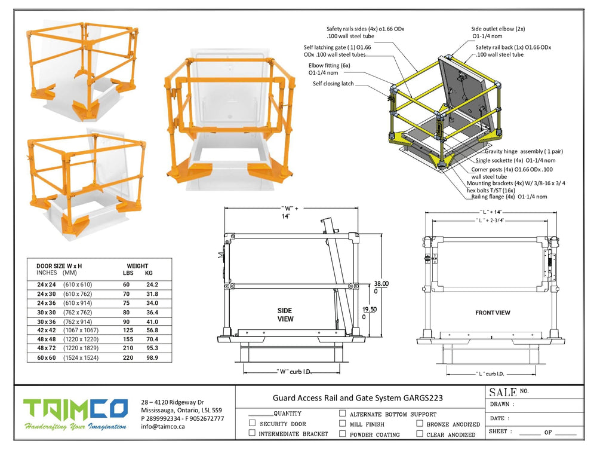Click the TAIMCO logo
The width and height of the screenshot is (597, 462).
75,414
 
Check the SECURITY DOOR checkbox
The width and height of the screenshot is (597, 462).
252,423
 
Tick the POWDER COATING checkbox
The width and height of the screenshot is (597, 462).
342,434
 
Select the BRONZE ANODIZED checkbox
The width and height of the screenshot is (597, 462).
420,423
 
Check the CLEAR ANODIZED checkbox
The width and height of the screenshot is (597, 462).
420,434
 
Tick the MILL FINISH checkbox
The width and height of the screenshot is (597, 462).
342,423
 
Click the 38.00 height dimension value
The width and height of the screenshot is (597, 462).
381,284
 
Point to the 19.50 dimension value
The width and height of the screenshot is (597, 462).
370,310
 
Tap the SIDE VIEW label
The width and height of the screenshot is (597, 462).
285,315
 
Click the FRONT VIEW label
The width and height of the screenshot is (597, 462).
493,313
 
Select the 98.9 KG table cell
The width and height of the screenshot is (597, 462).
152,357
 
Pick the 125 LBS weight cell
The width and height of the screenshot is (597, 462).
128,330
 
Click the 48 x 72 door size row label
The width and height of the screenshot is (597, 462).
47,348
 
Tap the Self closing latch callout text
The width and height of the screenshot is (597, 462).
333,84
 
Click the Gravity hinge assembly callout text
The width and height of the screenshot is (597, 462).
524,151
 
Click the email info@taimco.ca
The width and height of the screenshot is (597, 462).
162,427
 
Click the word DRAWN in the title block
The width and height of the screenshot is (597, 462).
500,404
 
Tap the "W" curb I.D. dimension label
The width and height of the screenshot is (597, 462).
294,372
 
